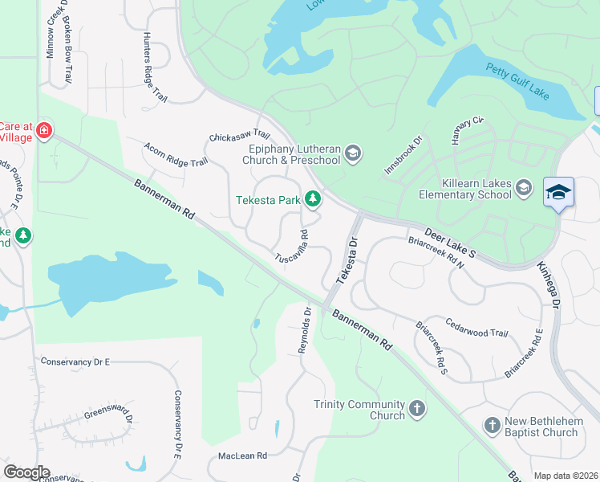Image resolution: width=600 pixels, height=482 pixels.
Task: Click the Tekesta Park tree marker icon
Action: (x=313, y=199)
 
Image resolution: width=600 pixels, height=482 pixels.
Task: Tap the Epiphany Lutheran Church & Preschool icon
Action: (x=353, y=153)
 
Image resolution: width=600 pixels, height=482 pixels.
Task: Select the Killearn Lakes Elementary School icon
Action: (x=524, y=187)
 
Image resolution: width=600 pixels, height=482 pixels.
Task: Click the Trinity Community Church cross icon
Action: (x=416, y=410)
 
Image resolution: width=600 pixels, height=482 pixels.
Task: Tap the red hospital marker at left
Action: (x=43, y=129)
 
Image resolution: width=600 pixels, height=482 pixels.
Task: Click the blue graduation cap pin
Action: (x=558, y=194)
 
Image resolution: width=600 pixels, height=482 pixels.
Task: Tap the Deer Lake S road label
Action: (x=451, y=242)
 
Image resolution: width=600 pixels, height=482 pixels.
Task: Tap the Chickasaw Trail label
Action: (x=240, y=136)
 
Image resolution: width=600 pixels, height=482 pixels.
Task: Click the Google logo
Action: (x=26, y=472)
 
